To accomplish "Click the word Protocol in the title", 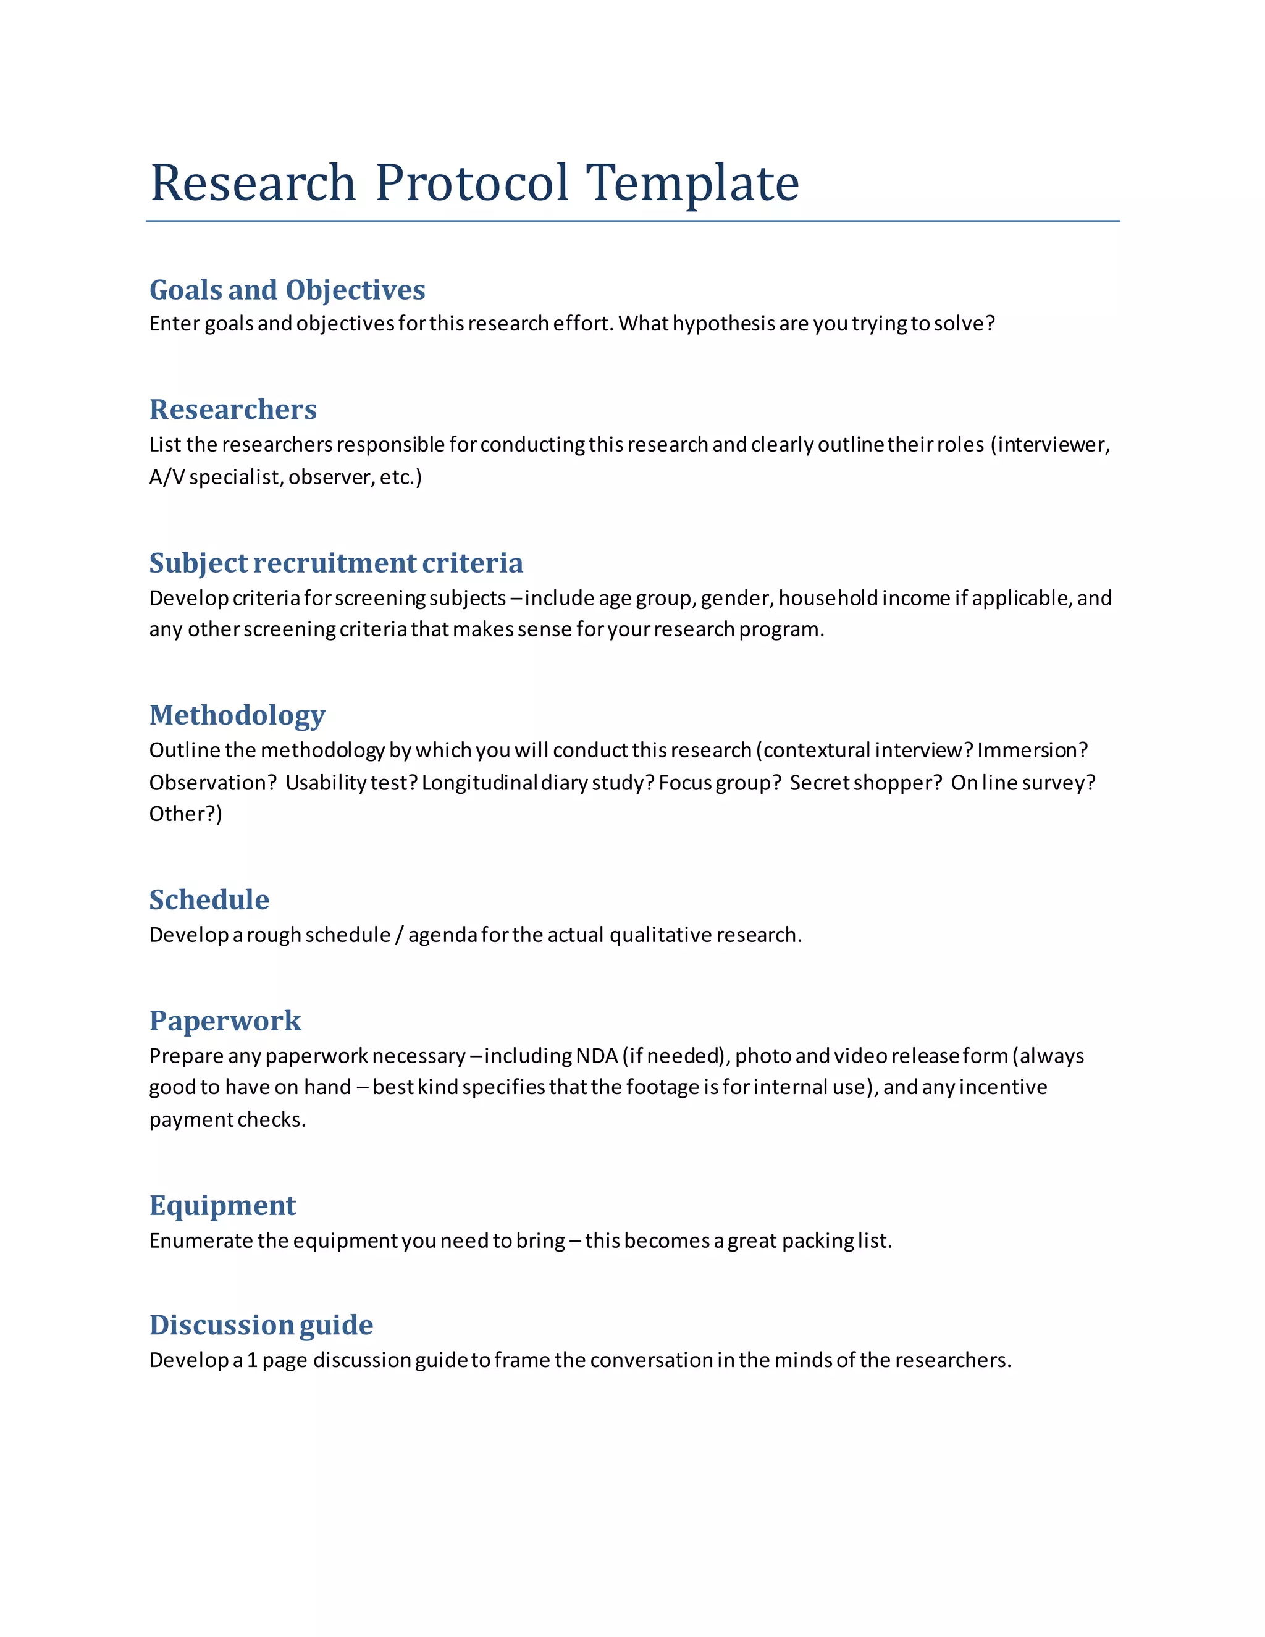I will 471,183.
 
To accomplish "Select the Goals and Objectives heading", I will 287,290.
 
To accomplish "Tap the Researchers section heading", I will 233,409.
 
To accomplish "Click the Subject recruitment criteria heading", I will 336,563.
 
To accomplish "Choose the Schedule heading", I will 209,899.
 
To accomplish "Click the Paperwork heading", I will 225,1021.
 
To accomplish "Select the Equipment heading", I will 222,1205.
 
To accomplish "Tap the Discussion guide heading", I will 261,1324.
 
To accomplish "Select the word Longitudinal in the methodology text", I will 479,783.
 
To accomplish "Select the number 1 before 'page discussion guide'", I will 253,1360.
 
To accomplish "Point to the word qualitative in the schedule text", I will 660,935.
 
